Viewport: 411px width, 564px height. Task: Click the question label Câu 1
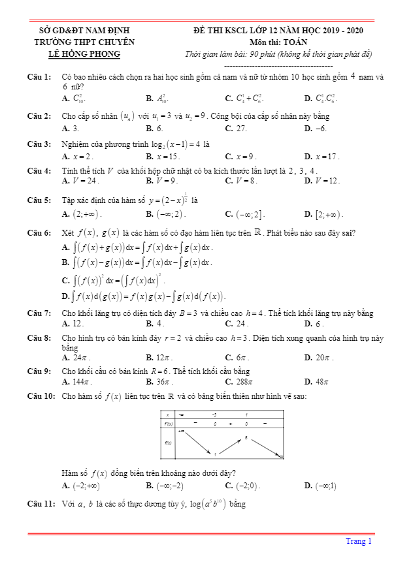[39, 77]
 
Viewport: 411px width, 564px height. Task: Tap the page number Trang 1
[359, 540]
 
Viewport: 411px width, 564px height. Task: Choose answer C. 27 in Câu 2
[236, 129]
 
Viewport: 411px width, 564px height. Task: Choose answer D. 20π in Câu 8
[319, 358]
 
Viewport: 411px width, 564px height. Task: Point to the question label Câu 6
[39, 232]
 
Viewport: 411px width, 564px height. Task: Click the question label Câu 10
[41, 396]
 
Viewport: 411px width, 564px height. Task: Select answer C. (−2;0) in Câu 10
[242, 486]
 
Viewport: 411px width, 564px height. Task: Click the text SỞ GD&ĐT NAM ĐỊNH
[85, 30]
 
